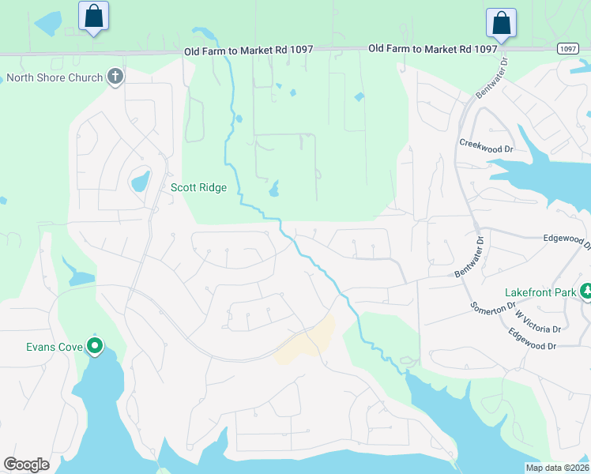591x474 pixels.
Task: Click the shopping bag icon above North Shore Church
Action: [94, 16]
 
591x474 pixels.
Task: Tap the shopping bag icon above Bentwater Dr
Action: [501, 23]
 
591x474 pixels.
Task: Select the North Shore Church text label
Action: [55, 77]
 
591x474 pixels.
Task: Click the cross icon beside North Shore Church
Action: [115, 77]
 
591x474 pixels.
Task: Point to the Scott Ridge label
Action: [198, 188]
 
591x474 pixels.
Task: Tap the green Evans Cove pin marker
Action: [95, 345]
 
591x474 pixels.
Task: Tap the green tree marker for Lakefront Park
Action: [586, 292]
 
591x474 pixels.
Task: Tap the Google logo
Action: [26, 465]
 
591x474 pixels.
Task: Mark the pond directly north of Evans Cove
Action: [81, 277]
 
